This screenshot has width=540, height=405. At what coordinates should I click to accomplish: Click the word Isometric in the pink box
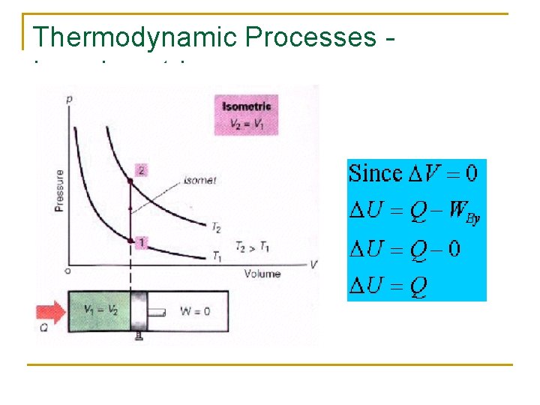[246, 106]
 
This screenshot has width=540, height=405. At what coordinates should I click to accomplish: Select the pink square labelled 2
[140, 170]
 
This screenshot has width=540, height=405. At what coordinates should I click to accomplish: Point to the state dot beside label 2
[130, 181]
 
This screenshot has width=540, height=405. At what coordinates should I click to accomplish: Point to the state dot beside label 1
[130, 241]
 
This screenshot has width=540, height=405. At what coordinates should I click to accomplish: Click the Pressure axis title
[59, 190]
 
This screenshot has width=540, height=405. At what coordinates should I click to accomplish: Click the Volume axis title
[262, 274]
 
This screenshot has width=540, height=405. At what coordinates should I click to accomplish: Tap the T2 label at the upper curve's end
[215, 226]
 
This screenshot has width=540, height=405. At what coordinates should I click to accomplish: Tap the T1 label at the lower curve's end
[216, 257]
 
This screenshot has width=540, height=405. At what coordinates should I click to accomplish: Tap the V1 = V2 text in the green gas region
[100, 310]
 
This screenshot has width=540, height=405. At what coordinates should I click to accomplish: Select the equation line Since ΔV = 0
[413, 174]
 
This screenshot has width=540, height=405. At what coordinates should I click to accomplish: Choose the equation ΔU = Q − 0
[405, 249]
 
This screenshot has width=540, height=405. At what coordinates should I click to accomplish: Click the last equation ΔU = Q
[390, 285]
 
